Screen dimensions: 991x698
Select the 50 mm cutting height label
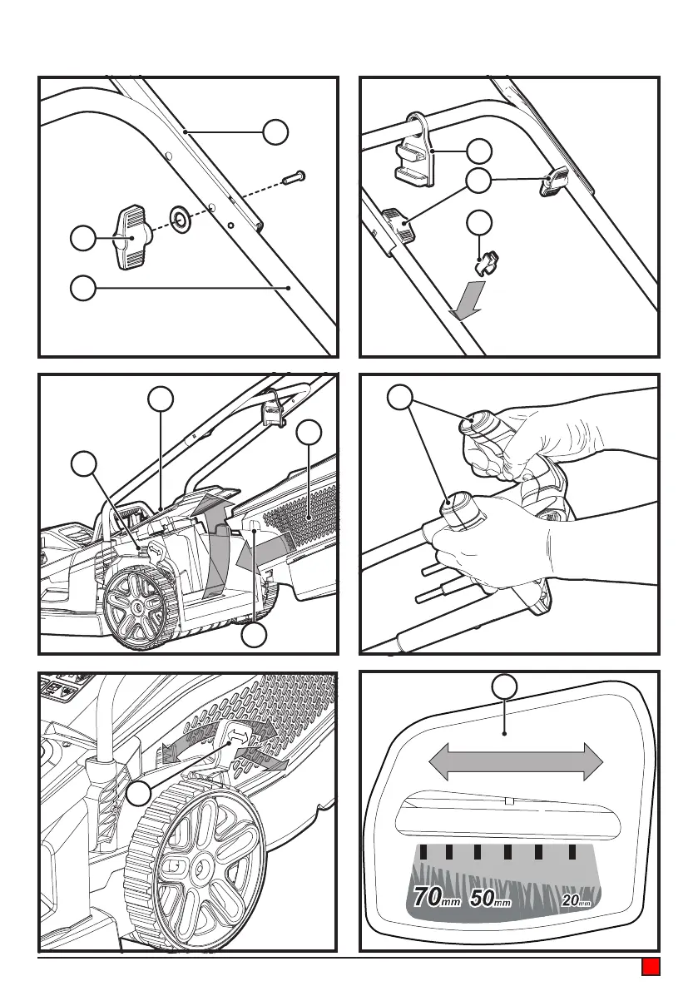[490, 898]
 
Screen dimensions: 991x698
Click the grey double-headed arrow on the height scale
[515, 761]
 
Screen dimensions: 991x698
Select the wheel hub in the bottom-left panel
[203, 870]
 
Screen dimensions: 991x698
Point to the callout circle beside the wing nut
[82, 239]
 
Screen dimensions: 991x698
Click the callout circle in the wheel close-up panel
[139, 795]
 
